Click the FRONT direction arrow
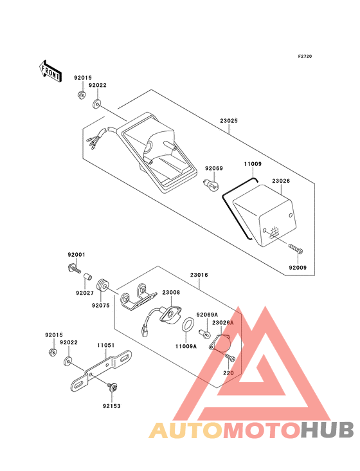(51, 71)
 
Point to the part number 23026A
(222, 322)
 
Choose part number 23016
(199, 275)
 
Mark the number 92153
(111, 406)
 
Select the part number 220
(228, 372)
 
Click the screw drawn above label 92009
(296, 248)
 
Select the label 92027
(84, 293)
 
